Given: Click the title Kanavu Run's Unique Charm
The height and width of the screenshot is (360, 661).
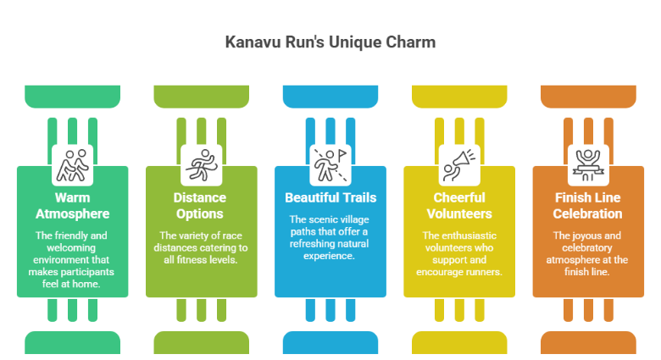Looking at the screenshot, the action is click(x=330, y=42).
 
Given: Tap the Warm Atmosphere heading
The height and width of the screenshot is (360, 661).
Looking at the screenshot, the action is click(x=73, y=206).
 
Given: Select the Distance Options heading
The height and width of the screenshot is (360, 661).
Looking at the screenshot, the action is click(x=200, y=206).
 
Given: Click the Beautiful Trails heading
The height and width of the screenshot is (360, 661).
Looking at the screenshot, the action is click(x=330, y=197).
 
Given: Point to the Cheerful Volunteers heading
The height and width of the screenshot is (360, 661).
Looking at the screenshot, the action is click(x=459, y=206).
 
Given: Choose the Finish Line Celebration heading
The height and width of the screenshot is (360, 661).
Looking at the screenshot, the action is click(x=587, y=206).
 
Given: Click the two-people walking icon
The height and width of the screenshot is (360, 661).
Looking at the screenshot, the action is click(x=73, y=165).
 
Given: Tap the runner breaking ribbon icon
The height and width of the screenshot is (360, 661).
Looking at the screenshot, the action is click(x=202, y=165).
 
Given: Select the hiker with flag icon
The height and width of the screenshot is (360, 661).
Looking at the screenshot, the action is click(x=330, y=165).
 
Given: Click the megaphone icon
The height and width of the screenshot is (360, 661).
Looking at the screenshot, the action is click(x=459, y=165).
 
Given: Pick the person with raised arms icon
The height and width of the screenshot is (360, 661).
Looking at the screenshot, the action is click(x=588, y=165).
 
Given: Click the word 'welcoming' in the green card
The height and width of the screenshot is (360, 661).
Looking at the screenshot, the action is click(x=71, y=247).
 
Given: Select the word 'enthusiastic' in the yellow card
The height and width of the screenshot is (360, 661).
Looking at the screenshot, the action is click(x=472, y=235).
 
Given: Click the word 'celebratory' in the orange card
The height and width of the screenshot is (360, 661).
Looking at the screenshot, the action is click(x=586, y=247).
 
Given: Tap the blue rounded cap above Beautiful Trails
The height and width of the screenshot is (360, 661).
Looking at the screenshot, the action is click(x=330, y=97).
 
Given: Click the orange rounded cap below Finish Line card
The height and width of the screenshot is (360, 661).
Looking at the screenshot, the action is click(x=588, y=342).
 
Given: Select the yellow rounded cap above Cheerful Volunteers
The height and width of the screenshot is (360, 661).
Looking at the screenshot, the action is click(x=459, y=97).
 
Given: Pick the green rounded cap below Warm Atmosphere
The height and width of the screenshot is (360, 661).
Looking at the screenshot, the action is click(x=73, y=342).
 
